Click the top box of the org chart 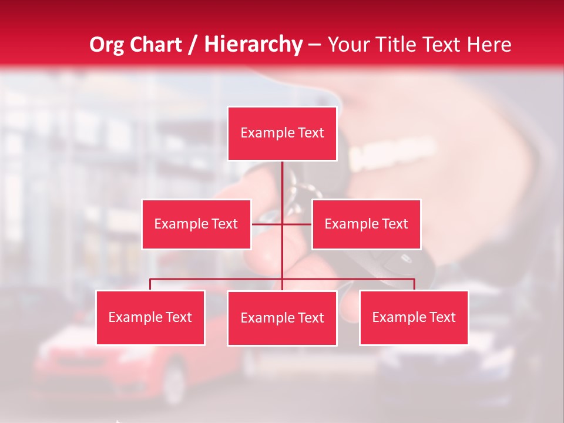click(282, 133)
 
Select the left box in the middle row click(196, 224)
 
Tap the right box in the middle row click(366, 224)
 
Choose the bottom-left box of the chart click(150, 317)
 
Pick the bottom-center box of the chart click(282, 318)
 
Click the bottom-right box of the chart click(414, 317)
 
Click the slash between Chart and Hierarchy click(193, 45)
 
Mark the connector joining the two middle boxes click(281, 224)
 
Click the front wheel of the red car click(173, 383)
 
